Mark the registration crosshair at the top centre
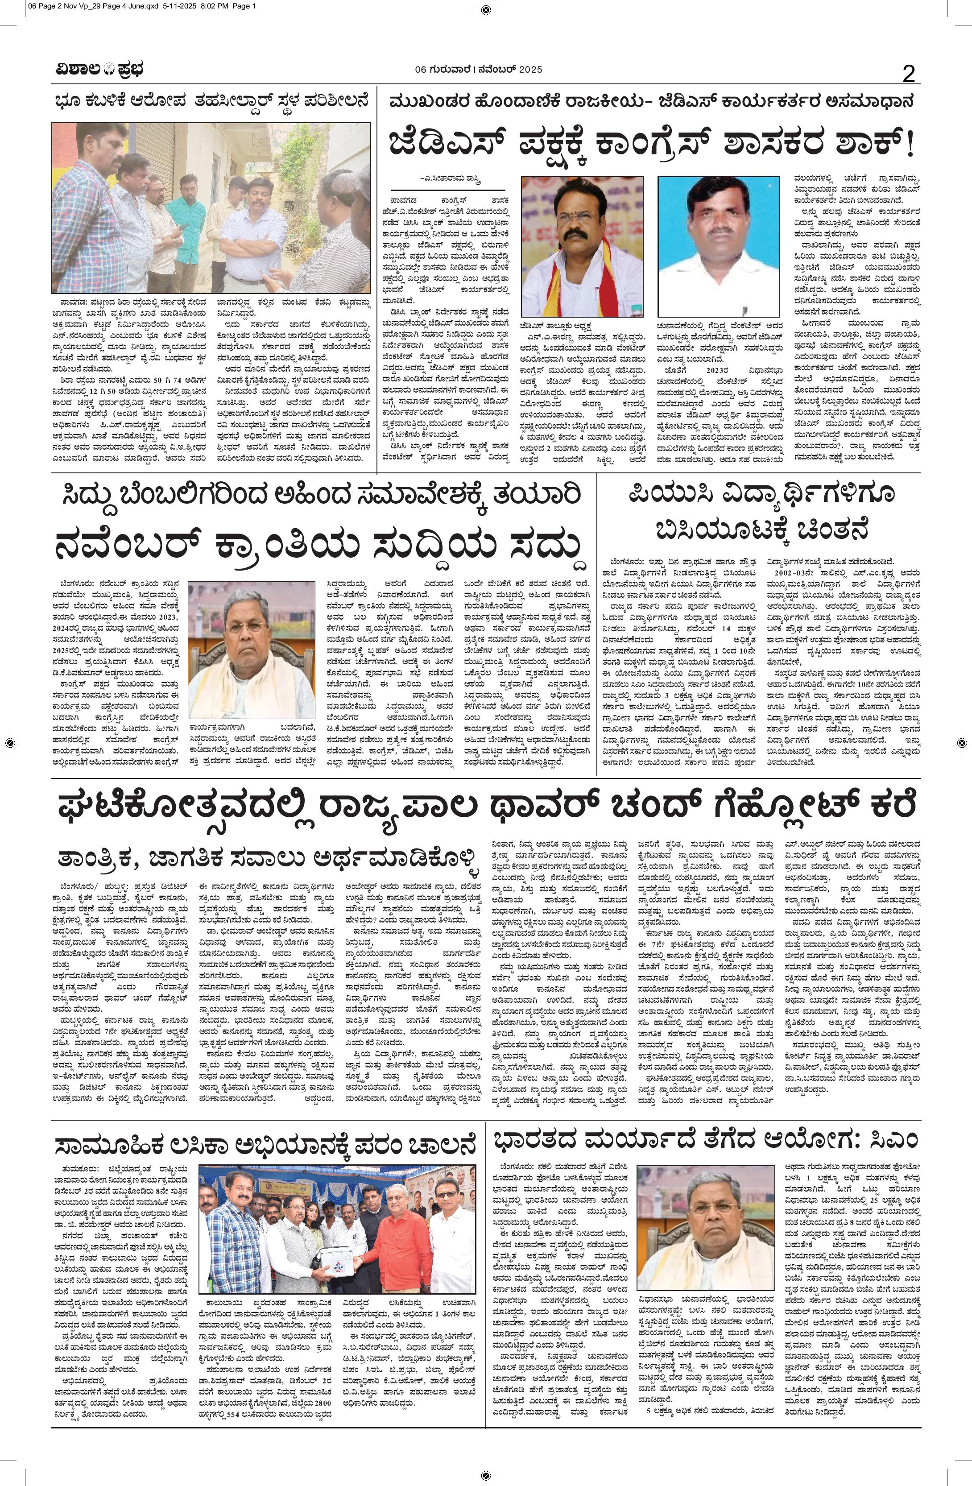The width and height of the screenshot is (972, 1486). pyautogui.click(x=486, y=9)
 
